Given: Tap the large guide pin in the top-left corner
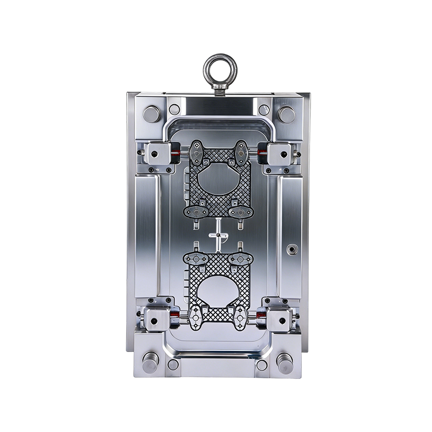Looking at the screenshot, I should (151, 114).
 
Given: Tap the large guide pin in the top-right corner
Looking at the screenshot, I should (286, 114).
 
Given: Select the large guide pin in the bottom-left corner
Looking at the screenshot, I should (150, 361).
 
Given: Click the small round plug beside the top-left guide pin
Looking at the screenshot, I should (174, 110).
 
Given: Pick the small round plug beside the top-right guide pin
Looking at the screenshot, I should (264, 110).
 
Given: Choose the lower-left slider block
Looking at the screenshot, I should (156, 320).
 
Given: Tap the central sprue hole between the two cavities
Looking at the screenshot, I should (218, 235).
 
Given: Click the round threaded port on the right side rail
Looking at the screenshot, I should (292, 249).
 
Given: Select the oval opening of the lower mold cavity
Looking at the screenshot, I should (218, 291).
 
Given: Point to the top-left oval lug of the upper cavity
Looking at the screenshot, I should (198, 153).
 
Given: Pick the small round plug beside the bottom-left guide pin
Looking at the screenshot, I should (173, 365).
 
